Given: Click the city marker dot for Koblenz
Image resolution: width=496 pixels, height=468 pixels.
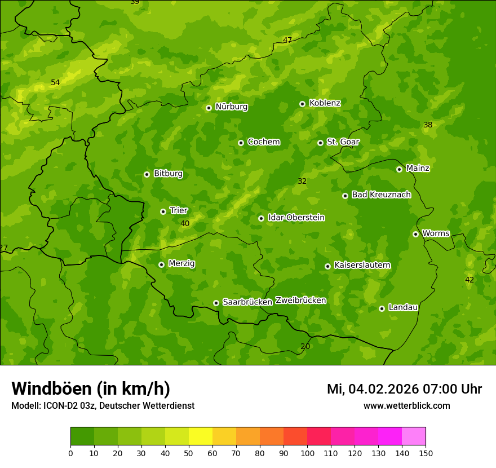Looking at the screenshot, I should (x=303, y=104).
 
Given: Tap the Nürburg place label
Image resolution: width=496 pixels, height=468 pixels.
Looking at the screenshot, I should (x=231, y=107).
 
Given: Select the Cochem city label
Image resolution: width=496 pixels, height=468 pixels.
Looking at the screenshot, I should (x=263, y=142).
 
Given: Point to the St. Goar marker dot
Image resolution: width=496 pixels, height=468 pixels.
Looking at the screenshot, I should (x=320, y=143).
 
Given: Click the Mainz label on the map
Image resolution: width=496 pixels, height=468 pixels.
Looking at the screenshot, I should (x=418, y=169).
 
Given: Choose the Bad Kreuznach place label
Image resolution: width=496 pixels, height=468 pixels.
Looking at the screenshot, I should (x=381, y=195).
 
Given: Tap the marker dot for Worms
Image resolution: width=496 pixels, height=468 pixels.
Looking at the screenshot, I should (x=415, y=234).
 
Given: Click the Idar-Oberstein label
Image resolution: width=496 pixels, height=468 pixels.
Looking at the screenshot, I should (x=296, y=218).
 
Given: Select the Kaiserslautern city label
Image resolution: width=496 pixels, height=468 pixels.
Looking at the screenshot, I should (x=362, y=265).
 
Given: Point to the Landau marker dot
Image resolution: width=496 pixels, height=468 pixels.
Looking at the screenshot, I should (x=382, y=308).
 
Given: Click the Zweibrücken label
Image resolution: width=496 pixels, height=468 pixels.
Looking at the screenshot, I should (x=300, y=301).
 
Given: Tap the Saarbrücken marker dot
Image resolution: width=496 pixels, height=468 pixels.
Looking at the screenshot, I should (x=216, y=303).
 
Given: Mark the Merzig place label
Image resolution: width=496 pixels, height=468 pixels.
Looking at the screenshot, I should (x=181, y=263).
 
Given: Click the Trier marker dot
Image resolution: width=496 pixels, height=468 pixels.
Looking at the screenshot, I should (x=163, y=211).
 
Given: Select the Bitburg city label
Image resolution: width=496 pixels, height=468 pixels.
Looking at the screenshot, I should (x=168, y=174).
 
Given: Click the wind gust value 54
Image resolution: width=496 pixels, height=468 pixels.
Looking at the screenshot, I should (x=55, y=83).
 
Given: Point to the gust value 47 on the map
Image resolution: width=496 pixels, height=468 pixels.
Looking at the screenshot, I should (x=287, y=40).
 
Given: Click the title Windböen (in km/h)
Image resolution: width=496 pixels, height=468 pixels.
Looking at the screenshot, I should (x=91, y=388).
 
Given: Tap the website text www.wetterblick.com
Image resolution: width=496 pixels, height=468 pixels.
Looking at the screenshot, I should (x=406, y=406).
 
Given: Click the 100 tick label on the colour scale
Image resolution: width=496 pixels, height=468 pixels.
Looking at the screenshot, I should (x=307, y=453).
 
